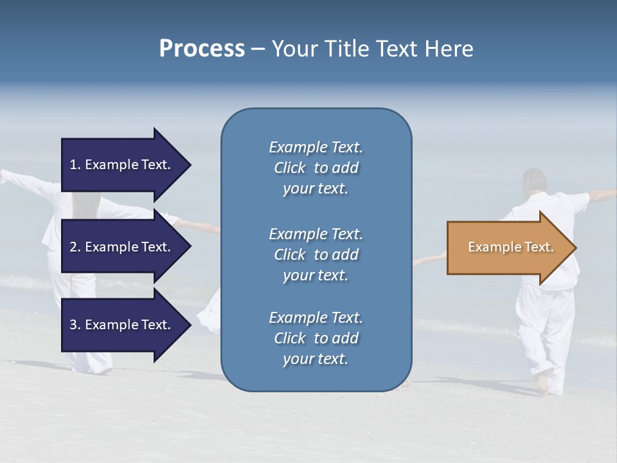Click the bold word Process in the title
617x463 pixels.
click(202, 48)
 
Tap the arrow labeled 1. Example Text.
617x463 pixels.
click(122, 165)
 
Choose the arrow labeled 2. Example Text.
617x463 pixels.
click(122, 247)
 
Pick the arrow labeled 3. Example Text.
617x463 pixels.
click(122, 325)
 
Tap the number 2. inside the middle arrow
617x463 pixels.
click(75, 247)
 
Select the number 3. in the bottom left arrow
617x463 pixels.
click(75, 325)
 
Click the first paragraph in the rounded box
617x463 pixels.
click(316, 168)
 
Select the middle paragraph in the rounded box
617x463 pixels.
click(316, 254)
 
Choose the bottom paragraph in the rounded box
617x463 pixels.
click(316, 338)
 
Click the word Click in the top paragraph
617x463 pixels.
click(290, 168)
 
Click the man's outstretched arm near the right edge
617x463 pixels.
click(601, 194)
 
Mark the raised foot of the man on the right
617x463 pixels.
click(544, 385)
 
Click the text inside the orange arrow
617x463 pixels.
click(510, 247)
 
